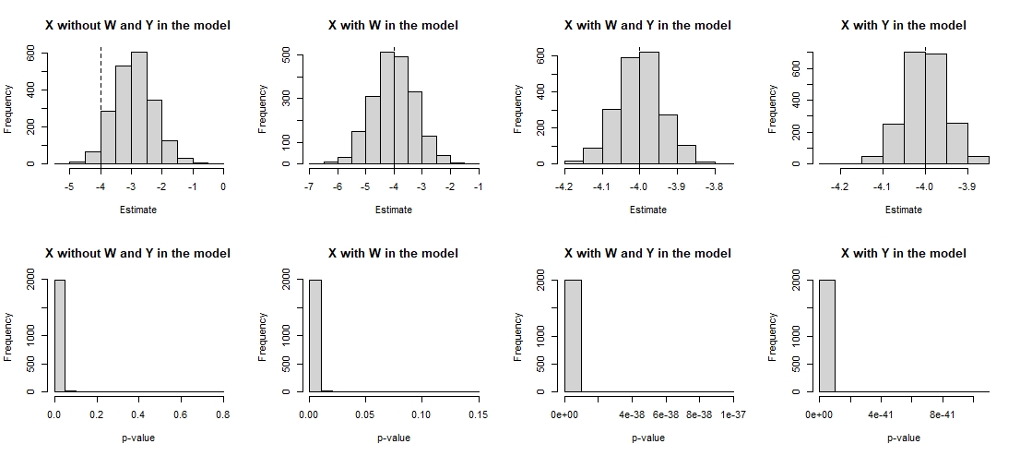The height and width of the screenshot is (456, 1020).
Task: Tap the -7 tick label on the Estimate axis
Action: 309,187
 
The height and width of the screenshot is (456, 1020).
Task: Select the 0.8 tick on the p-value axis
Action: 223,414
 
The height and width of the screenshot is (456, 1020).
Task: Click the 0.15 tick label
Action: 478,414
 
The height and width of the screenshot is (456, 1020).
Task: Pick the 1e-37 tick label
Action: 733,414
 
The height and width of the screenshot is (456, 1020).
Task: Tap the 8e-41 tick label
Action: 942,414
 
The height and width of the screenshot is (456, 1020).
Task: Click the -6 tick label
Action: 337,187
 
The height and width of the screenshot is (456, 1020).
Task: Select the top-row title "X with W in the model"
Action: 393,26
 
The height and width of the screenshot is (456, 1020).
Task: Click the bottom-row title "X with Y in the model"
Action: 904,253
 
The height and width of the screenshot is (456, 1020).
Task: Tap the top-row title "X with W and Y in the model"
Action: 648,26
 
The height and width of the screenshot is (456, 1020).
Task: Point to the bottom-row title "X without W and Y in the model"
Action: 138,253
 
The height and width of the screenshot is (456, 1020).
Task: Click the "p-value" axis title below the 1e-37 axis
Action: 648,438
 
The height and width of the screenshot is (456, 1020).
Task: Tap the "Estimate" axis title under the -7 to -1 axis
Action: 393,210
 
